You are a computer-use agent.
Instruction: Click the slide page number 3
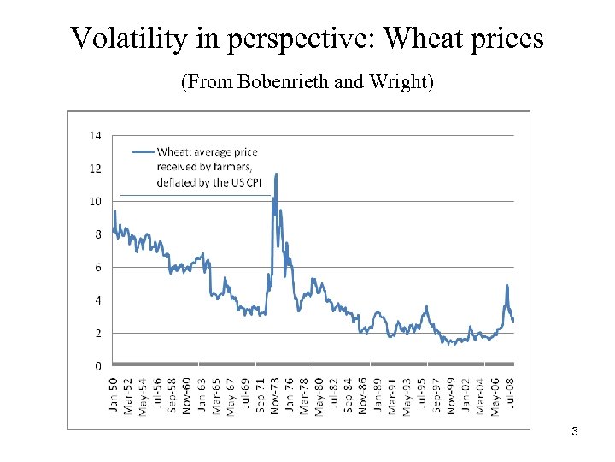pyautogui.click(x=575, y=432)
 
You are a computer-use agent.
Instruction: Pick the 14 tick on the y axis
pyautogui.click(x=95, y=135)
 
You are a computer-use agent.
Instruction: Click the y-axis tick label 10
pyautogui.click(x=95, y=201)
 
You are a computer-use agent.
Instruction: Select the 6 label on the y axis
pyautogui.click(x=98, y=267)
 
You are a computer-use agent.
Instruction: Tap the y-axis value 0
pyautogui.click(x=98, y=365)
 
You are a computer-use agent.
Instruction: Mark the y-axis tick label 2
pyautogui.click(x=98, y=333)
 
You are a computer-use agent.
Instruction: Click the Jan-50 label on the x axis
pyautogui.click(x=114, y=394)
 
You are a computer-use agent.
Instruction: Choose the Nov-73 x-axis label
pyautogui.click(x=275, y=394)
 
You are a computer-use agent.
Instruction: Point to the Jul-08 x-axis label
pyautogui.click(x=510, y=396)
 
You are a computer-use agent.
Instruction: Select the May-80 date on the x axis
pyautogui.click(x=319, y=394)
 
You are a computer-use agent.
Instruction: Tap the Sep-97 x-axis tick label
pyautogui.click(x=436, y=394)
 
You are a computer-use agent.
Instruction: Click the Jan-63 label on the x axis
pyautogui.click(x=202, y=394)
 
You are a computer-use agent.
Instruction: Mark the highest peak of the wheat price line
pyautogui.click(x=276, y=175)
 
